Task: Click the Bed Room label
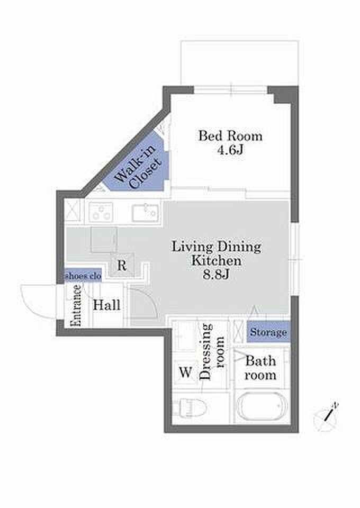tap(230, 136)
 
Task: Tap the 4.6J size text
tap(230, 150)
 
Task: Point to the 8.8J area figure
tap(216, 275)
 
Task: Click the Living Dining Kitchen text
tap(216, 253)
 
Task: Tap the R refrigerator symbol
tap(122, 265)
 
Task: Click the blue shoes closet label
tap(83, 276)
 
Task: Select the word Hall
tap(106, 305)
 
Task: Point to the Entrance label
tap(77, 305)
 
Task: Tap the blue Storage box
tap(268, 332)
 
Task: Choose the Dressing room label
tap(212, 351)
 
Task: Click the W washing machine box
tap(186, 372)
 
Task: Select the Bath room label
tap(260, 368)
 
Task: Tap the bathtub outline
tap(263, 406)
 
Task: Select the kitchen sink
tap(146, 213)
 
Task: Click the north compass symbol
tap(326, 418)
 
